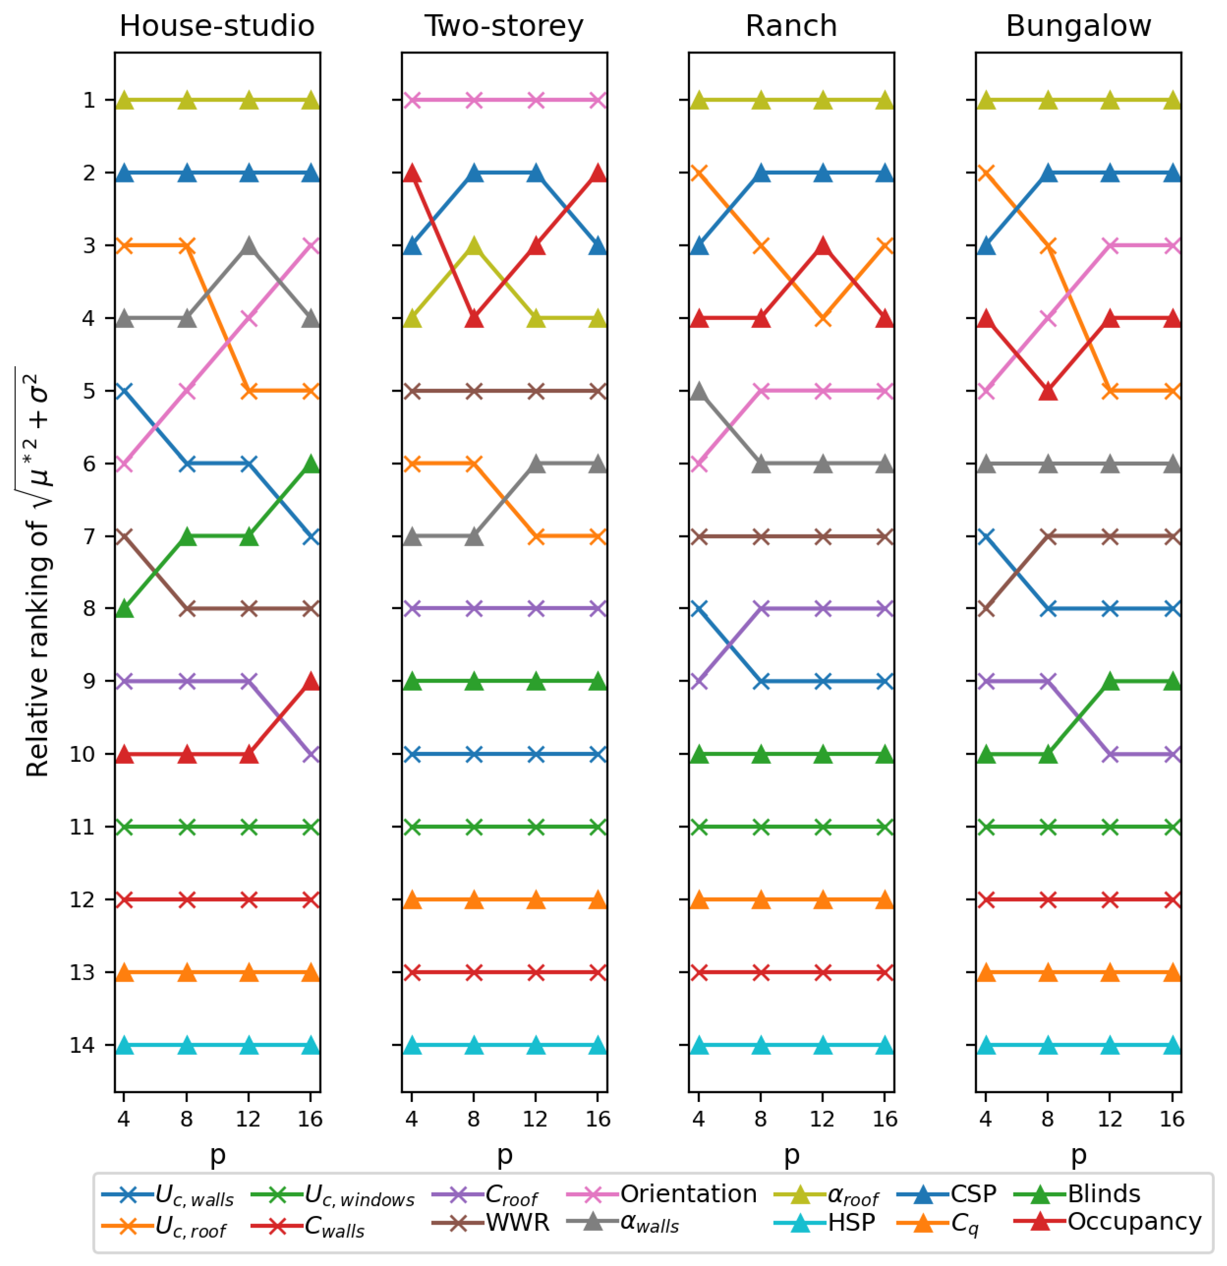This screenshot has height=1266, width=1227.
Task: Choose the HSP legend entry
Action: pos(851,1223)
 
